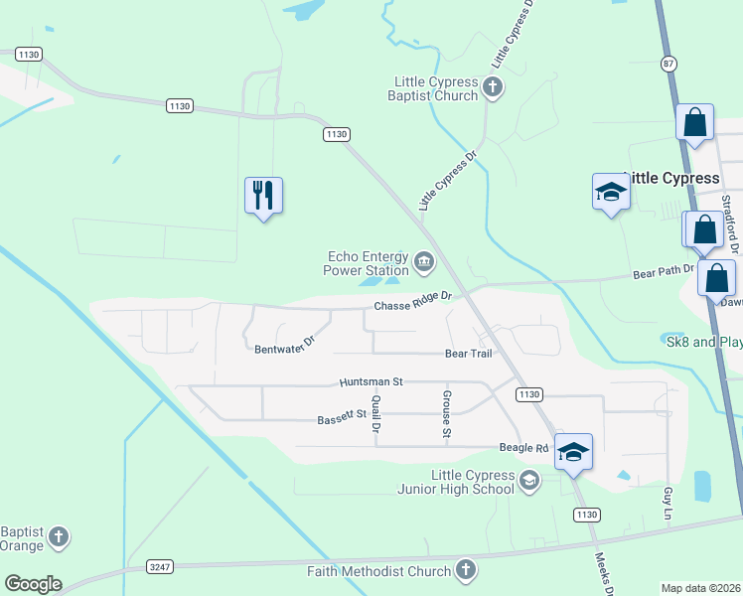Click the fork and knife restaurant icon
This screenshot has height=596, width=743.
pos(263,195)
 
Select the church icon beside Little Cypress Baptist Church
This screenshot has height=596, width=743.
pos(492,89)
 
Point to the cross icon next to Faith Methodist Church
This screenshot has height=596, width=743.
pos(465,570)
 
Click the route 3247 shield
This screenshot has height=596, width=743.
pos(159,566)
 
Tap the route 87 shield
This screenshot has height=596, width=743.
pos(668,63)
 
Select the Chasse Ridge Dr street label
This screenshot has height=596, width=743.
pos(412,301)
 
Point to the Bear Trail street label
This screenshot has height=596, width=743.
pos(468,354)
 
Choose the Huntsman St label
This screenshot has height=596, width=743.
pos(370,381)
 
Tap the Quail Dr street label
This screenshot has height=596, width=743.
pos(375,413)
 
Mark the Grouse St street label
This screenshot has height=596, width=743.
pos(446,415)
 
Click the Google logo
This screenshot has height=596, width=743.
pos(33,584)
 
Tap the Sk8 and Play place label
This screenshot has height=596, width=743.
pos(701,341)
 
